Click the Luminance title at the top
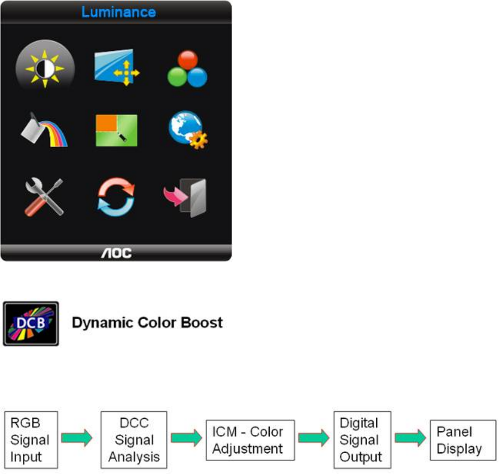click(x=118, y=12)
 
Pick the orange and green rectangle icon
click(x=117, y=130)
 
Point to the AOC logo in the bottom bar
click(x=116, y=253)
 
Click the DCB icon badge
click(x=31, y=324)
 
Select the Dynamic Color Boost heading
click(x=147, y=323)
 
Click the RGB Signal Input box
click(x=31, y=439)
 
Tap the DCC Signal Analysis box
click(x=134, y=439)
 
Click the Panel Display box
click(x=462, y=441)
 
